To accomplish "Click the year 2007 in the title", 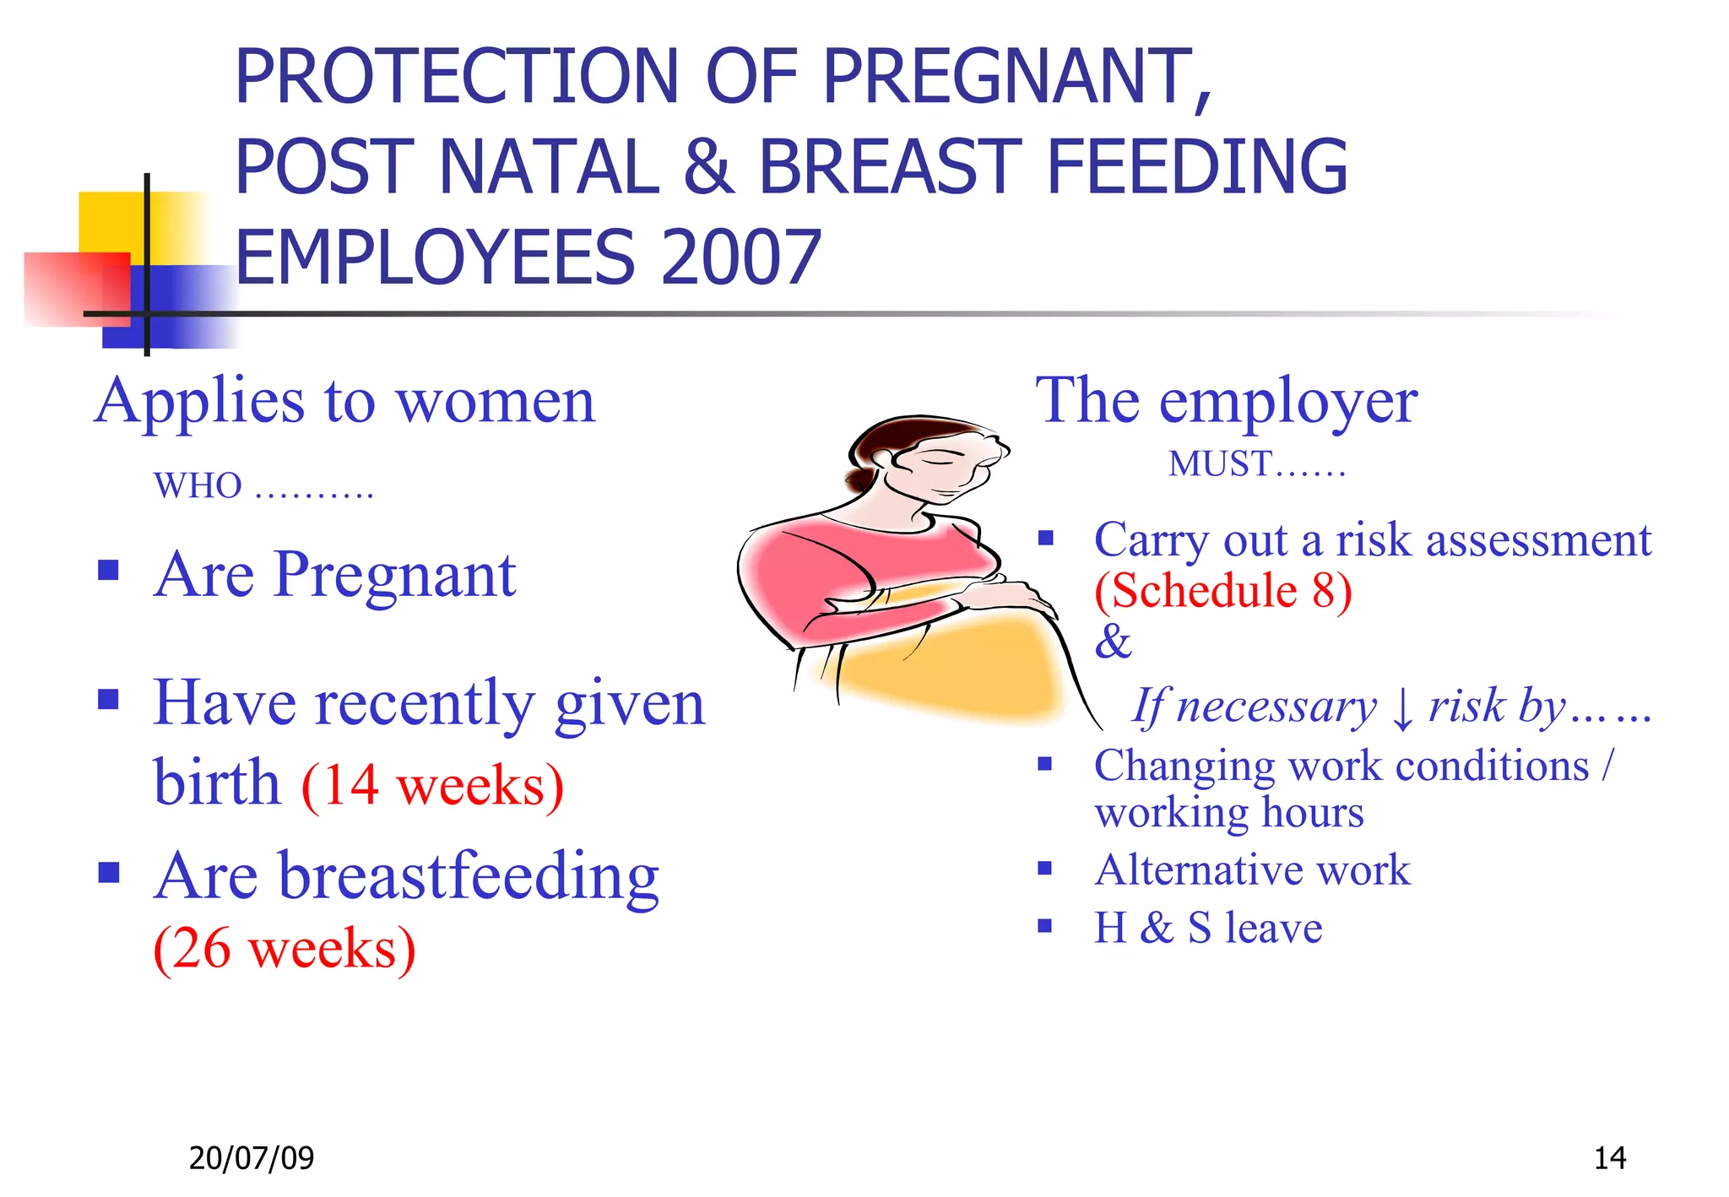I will click(741, 257).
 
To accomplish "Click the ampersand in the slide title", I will click(709, 167).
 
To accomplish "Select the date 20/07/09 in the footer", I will click(251, 1157).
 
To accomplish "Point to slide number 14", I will click(1609, 1157).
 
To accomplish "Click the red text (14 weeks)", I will click(432, 786).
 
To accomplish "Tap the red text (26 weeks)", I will click(285, 948).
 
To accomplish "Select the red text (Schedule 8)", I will click(1223, 590).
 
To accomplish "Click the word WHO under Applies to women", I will click(198, 486).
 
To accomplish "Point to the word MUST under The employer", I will click(1219, 463).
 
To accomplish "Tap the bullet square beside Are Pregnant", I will click(108, 571).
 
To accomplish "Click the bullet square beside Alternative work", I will click(1045, 868).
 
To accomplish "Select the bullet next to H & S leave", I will click(1045, 926).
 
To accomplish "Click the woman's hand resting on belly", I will click(1009, 596).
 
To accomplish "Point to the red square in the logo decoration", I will click(76, 289).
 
